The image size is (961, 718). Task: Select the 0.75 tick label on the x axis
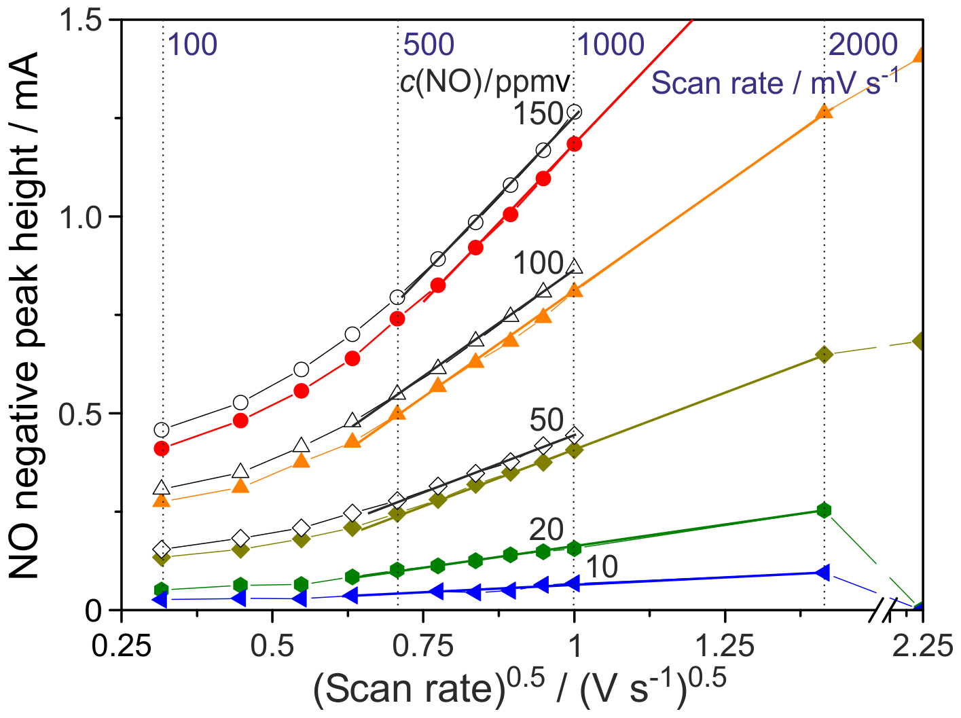point(423,646)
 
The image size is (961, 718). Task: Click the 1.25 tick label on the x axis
point(725,646)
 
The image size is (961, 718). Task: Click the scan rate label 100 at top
point(192,45)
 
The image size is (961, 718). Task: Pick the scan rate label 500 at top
point(429,45)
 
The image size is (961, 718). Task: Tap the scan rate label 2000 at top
point(864,45)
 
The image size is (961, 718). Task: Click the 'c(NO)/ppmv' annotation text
point(485,82)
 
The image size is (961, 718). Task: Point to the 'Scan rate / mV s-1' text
point(775,82)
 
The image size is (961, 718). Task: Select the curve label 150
point(538,114)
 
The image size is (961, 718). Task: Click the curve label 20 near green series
point(547,530)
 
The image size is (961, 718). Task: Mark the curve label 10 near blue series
point(601,567)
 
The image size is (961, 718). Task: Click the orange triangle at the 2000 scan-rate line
point(824,111)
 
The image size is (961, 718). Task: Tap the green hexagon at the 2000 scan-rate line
point(824,510)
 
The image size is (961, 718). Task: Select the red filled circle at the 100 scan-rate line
point(162,448)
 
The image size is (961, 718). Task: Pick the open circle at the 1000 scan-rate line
point(575,112)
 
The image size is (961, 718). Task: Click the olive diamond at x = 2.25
point(921,341)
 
